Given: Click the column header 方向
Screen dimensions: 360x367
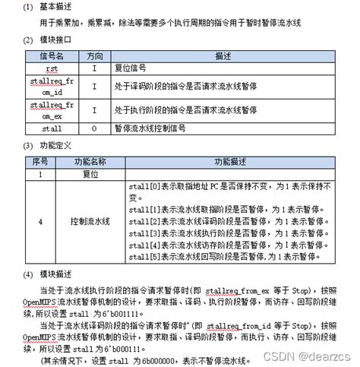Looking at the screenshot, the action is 94,55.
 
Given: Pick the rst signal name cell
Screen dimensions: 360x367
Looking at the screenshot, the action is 52,68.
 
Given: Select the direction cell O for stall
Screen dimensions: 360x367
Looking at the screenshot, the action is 94,129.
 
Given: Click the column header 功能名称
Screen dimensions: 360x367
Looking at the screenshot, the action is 89,162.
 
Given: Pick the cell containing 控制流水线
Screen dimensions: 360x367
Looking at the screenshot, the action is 89,221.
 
